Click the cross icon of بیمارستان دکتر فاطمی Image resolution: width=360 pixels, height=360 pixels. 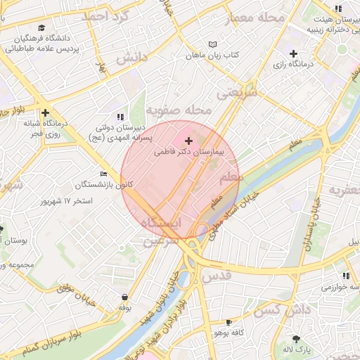click(188, 141)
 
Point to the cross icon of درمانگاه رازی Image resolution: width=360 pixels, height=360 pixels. click(293, 54)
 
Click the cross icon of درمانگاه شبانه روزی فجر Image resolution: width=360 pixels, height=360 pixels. click(46, 112)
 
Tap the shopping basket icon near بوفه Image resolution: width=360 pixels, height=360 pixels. click(125, 297)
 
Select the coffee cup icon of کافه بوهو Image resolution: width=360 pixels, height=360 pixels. click(228, 322)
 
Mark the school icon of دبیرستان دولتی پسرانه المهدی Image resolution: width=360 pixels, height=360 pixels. click(120, 116)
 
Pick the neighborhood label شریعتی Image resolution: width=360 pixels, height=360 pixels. click(232, 93)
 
